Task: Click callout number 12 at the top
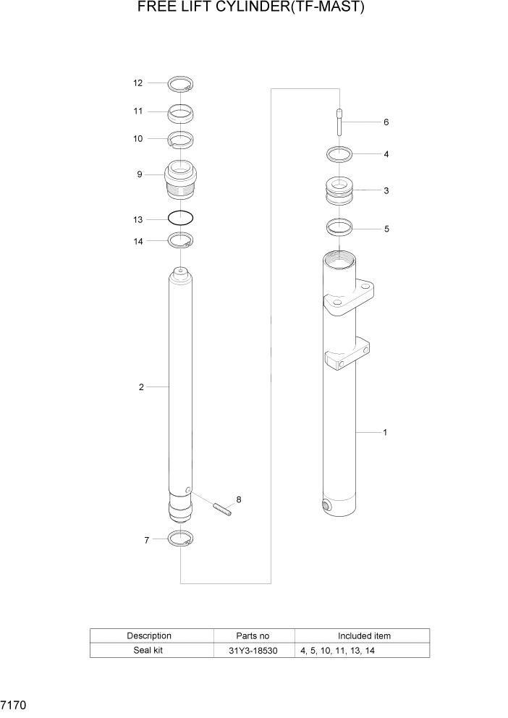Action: (x=137, y=83)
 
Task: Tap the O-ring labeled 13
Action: (x=180, y=217)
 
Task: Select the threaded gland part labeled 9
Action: (x=180, y=181)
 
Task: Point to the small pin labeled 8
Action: (x=221, y=510)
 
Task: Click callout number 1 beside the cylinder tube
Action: (x=385, y=432)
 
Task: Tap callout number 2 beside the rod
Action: (x=141, y=387)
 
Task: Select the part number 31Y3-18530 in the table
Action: (x=253, y=651)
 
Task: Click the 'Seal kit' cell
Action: (x=149, y=651)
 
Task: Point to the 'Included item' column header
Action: (x=364, y=635)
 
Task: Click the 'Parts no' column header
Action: (x=253, y=635)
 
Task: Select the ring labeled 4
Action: (x=339, y=154)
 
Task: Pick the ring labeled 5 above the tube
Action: (x=339, y=227)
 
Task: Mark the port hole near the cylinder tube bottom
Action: (x=325, y=505)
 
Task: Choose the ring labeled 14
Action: (x=180, y=240)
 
